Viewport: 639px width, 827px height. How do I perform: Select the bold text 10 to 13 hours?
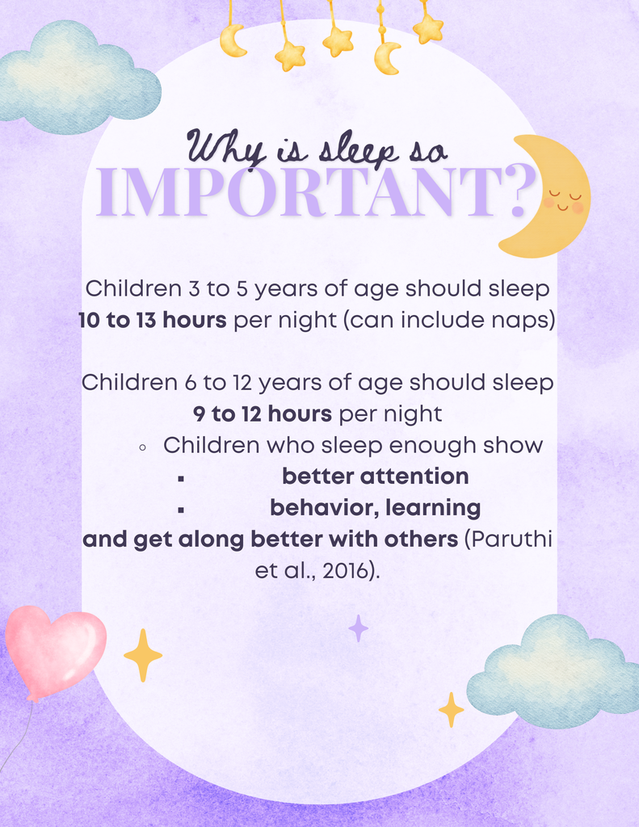tap(152, 320)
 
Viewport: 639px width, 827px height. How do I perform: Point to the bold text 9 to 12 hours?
tap(263, 414)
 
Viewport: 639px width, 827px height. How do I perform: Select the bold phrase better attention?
tap(375, 476)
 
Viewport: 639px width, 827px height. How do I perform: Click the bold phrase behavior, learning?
tap(375, 508)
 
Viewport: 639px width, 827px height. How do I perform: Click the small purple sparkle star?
tap(358, 628)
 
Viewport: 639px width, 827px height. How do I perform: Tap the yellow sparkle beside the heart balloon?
tap(143, 655)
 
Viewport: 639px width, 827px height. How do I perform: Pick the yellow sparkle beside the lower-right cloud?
tap(451, 709)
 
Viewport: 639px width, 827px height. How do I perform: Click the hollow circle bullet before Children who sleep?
tap(142, 447)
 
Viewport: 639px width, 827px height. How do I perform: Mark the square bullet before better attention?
tap(181, 478)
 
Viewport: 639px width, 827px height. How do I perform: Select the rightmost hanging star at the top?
tap(428, 29)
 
